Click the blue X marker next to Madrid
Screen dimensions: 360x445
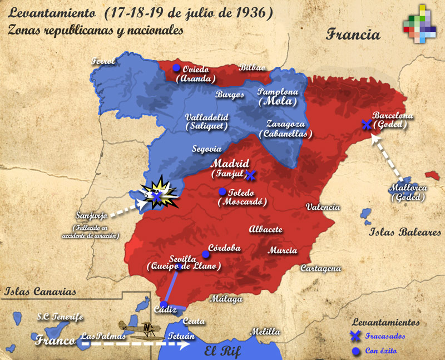point(250,175)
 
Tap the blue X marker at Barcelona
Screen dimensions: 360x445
point(367,125)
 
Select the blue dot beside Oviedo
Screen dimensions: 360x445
point(176,68)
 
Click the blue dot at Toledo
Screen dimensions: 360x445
point(222,192)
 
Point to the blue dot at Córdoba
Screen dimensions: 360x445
point(205,254)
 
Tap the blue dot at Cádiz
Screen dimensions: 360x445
point(164,304)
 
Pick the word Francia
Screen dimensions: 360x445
point(353,34)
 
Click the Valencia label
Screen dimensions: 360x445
point(323,207)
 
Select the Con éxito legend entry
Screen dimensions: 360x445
point(384,351)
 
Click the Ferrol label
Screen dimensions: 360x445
point(104,61)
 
